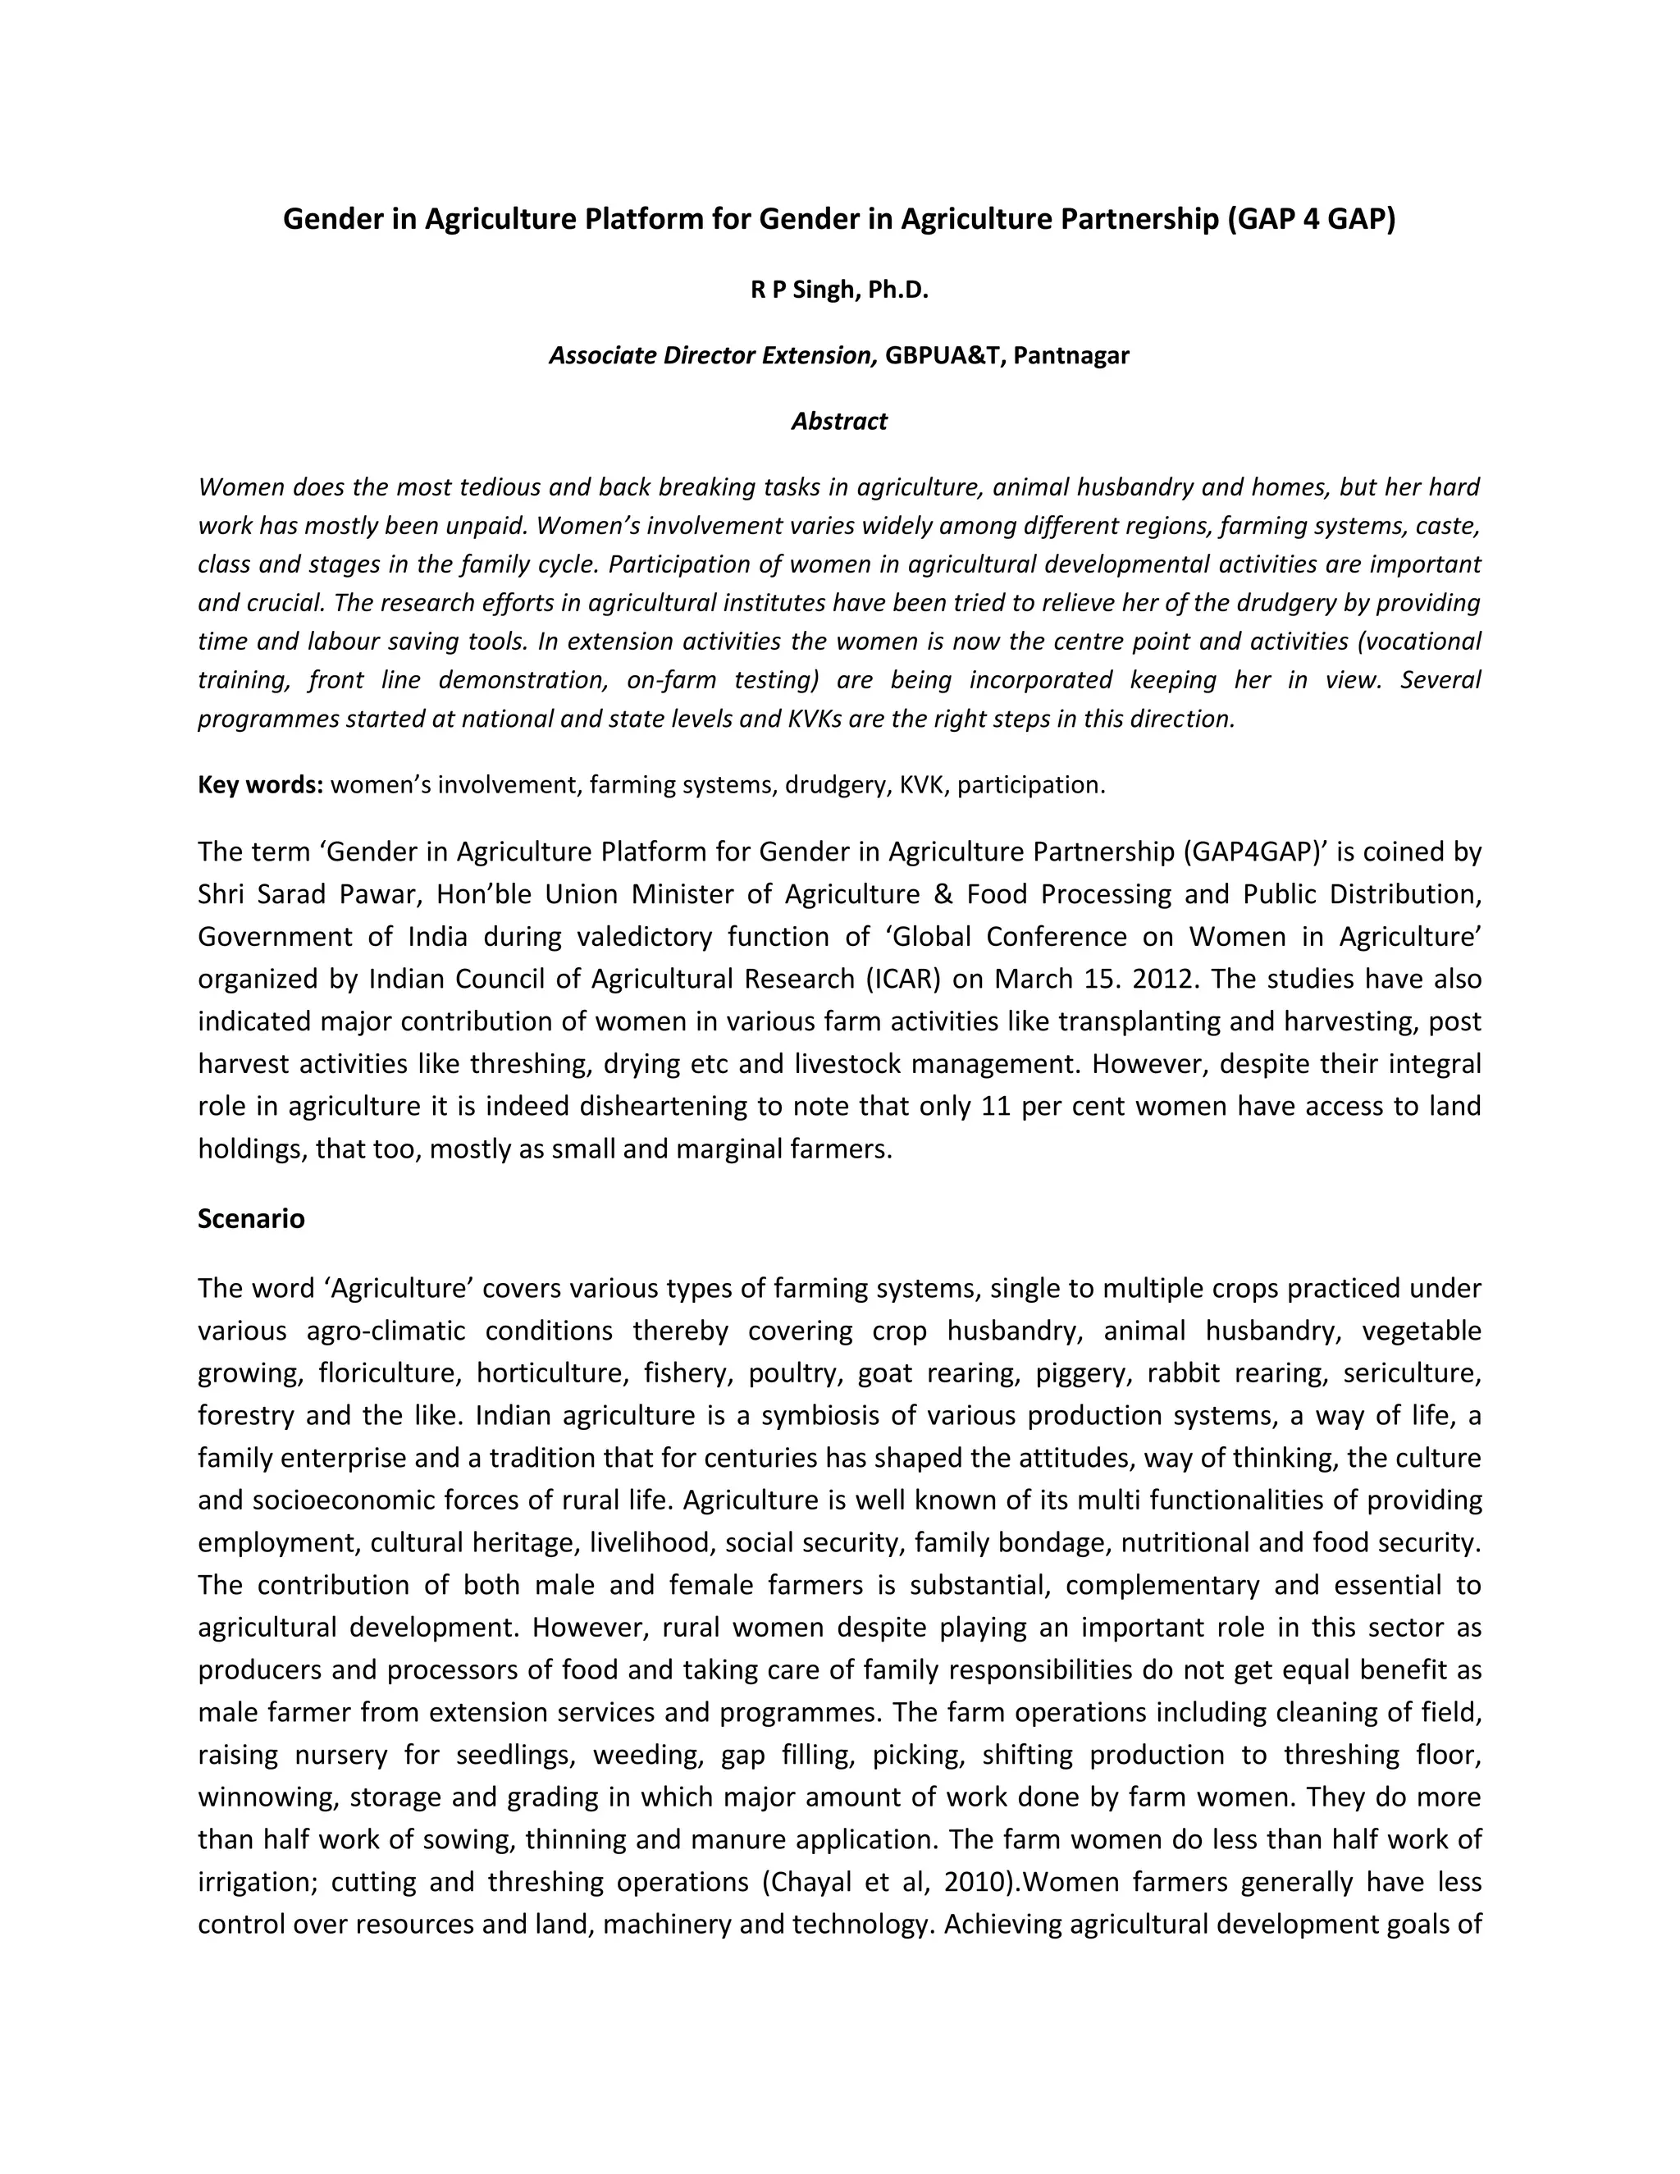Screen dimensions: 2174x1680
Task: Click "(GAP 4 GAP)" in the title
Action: pyautogui.click(x=1307, y=219)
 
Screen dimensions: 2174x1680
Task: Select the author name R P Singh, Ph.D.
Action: pyautogui.click(x=839, y=290)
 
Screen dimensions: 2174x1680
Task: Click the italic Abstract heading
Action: pyautogui.click(x=839, y=421)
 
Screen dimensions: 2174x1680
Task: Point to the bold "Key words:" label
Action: pyautogui.click(x=260, y=784)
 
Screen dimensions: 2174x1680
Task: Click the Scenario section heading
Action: pyautogui.click(x=251, y=1218)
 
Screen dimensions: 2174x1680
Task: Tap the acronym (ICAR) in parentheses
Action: pyautogui.click(x=902, y=979)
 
